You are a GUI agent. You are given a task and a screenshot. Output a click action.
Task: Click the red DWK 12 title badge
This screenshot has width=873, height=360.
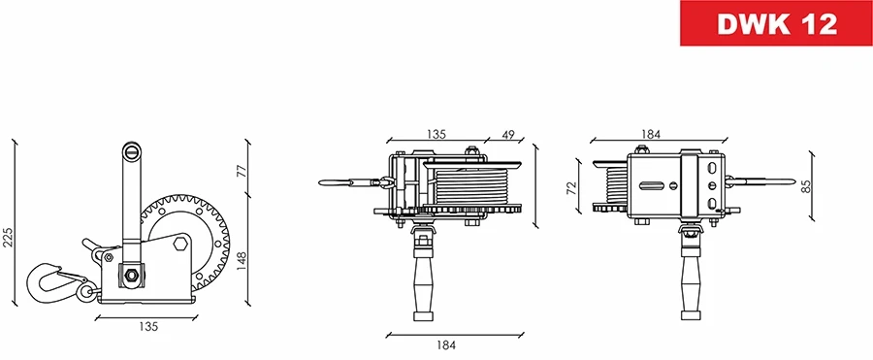coord(776,25)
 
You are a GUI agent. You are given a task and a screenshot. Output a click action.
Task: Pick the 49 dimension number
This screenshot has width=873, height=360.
coord(508,135)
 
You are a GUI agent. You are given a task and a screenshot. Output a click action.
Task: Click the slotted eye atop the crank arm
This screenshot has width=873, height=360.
coord(132,151)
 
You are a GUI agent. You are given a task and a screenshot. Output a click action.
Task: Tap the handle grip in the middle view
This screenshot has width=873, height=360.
coord(423,281)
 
